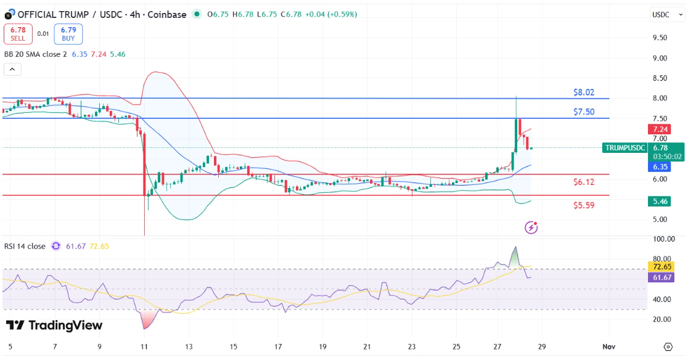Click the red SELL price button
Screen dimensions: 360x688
[x=18, y=34]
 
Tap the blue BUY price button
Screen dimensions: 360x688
[x=68, y=34]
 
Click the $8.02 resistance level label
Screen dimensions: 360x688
[x=584, y=92]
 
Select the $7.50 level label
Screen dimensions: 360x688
[x=584, y=112]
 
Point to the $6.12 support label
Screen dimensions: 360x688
[x=584, y=182]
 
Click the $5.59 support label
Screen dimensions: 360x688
[x=584, y=205]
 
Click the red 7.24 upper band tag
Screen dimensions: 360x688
[x=660, y=129]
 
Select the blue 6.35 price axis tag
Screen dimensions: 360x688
[x=660, y=166]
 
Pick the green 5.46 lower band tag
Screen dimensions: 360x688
[x=660, y=201]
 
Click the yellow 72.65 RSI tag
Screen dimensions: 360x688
[x=661, y=266]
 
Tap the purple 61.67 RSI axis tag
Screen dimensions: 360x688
[x=661, y=277]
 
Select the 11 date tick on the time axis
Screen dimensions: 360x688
[x=144, y=346]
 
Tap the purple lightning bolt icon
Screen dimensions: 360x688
[x=531, y=227]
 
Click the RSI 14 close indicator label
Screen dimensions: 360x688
[x=25, y=246]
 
